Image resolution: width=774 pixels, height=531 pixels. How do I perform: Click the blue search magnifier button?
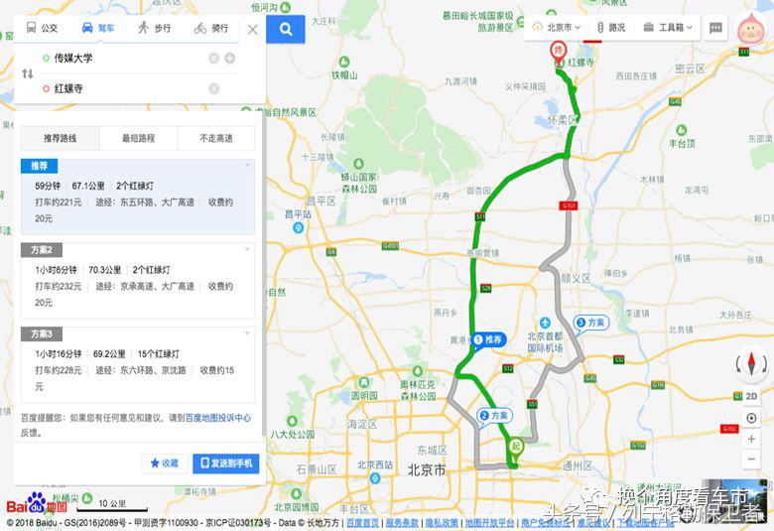click(x=286, y=29)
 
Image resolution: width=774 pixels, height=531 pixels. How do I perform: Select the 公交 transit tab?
click(x=43, y=28)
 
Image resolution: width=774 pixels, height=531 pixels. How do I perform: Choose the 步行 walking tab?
click(x=155, y=28)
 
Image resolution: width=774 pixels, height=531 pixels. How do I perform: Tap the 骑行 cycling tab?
click(x=211, y=28)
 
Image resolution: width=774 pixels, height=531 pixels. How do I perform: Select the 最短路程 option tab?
click(x=138, y=138)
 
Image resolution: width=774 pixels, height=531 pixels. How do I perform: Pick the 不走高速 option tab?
click(x=215, y=138)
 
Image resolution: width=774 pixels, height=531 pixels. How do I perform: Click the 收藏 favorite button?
click(x=165, y=464)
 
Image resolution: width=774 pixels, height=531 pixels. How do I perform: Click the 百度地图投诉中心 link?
click(x=217, y=419)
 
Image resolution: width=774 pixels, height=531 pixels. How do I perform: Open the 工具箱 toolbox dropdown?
click(x=667, y=27)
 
